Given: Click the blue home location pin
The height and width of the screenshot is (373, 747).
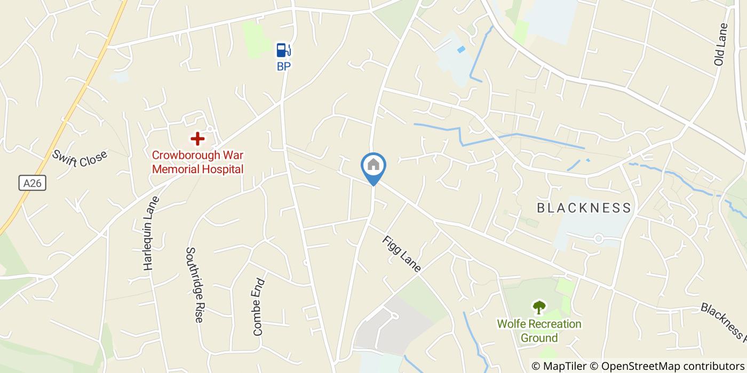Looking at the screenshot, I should [x=373, y=166].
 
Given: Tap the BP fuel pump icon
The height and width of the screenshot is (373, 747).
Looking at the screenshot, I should [x=283, y=50].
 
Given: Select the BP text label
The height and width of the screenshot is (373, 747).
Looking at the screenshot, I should [x=283, y=67].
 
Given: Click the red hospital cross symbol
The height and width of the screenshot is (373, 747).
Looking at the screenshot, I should [x=197, y=139].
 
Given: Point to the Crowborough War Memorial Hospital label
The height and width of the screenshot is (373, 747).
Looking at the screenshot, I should [x=197, y=162].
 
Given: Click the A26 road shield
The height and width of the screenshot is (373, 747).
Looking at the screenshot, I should [x=33, y=183].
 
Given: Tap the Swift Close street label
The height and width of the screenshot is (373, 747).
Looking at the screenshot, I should [x=80, y=158].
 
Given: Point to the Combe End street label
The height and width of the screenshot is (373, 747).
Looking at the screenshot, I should [x=259, y=306].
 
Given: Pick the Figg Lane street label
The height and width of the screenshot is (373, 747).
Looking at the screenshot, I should [x=401, y=254].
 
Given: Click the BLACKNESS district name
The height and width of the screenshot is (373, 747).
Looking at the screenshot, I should [x=584, y=208].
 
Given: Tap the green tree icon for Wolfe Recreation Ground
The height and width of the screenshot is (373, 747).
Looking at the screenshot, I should [x=539, y=307].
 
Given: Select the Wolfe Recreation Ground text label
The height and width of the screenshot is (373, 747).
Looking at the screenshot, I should [x=539, y=330].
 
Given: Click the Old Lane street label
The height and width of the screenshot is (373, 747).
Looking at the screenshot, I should [x=720, y=44].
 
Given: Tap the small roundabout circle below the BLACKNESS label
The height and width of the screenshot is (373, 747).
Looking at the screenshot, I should [x=598, y=239].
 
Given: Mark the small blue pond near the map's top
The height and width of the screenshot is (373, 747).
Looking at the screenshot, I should [x=461, y=50].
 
